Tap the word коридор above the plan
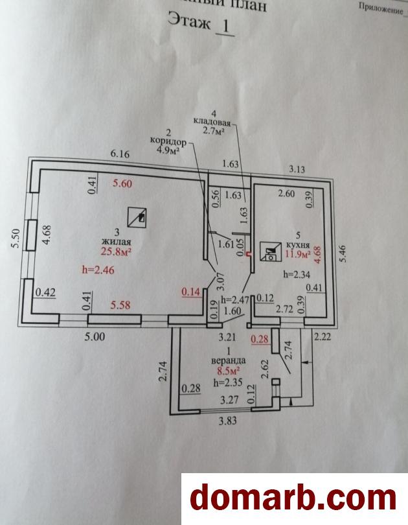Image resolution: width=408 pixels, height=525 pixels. [168, 141]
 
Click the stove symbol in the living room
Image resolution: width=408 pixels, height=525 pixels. [137, 217]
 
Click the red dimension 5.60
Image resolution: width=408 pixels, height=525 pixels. [122, 184]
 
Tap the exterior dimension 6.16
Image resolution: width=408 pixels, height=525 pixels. [121, 154]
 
